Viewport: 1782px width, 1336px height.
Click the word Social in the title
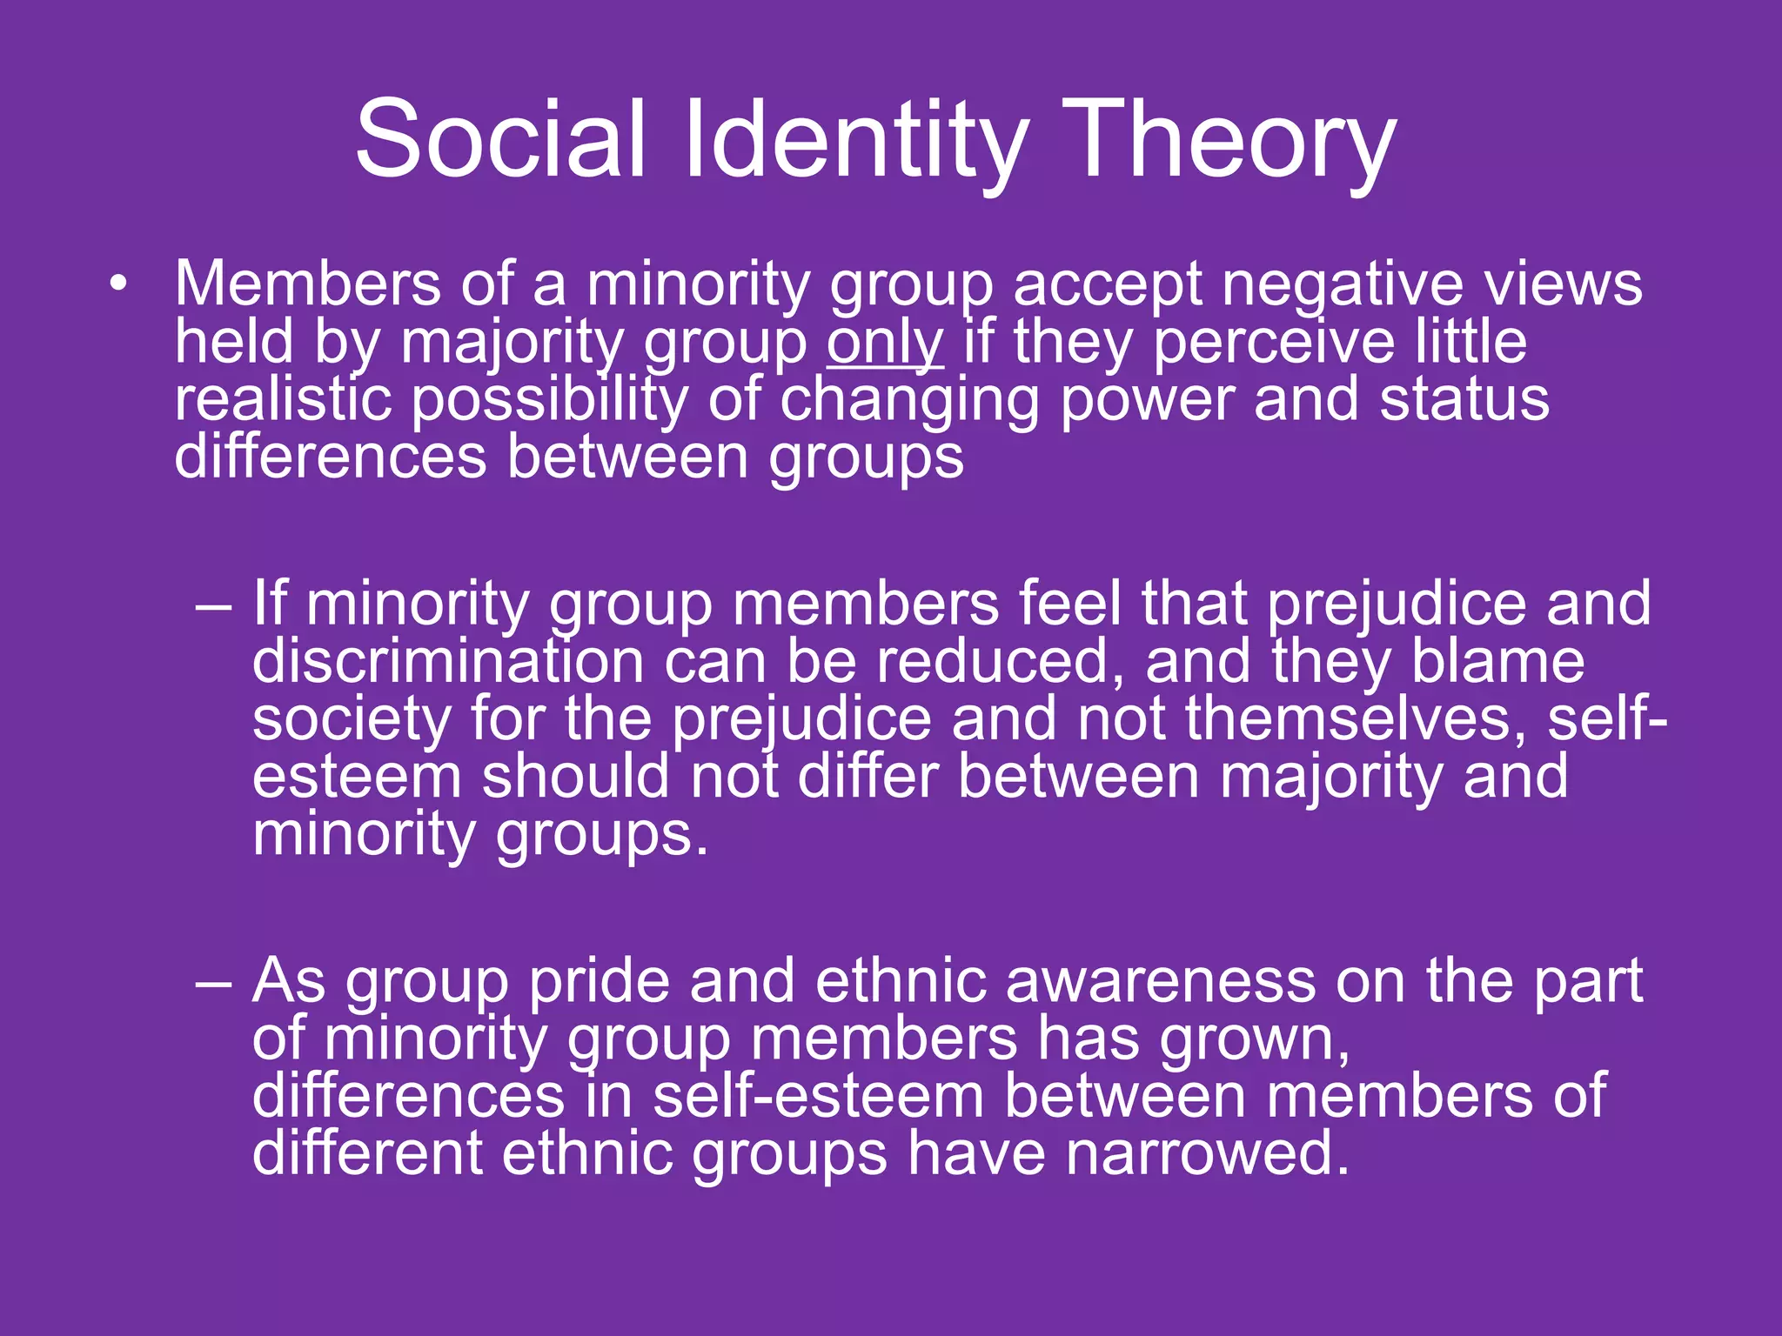(x=500, y=139)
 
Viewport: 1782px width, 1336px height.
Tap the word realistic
(x=282, y=399)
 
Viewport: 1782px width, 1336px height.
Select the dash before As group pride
(x=214, y=982)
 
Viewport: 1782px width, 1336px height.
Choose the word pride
(x=600, y=982)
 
